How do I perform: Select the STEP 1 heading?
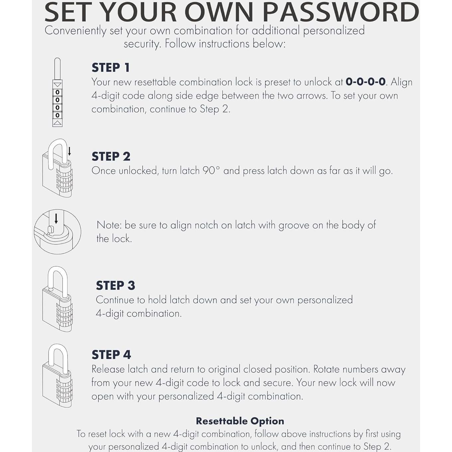click(111, 67)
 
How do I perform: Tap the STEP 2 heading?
click(111, 156)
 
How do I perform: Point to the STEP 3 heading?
click(115, 285)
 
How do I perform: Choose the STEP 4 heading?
click(111, 355)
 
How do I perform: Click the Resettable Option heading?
click(240, 421)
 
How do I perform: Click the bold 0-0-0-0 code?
click(365, 82)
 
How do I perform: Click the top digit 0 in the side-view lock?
click(57, 92)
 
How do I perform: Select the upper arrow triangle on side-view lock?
click(57, 85)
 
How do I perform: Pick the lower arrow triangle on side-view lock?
click(57, 123)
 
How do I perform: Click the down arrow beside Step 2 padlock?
click(69, 152)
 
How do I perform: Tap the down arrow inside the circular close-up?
click(56, 218)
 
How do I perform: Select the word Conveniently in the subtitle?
click(75, 31)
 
